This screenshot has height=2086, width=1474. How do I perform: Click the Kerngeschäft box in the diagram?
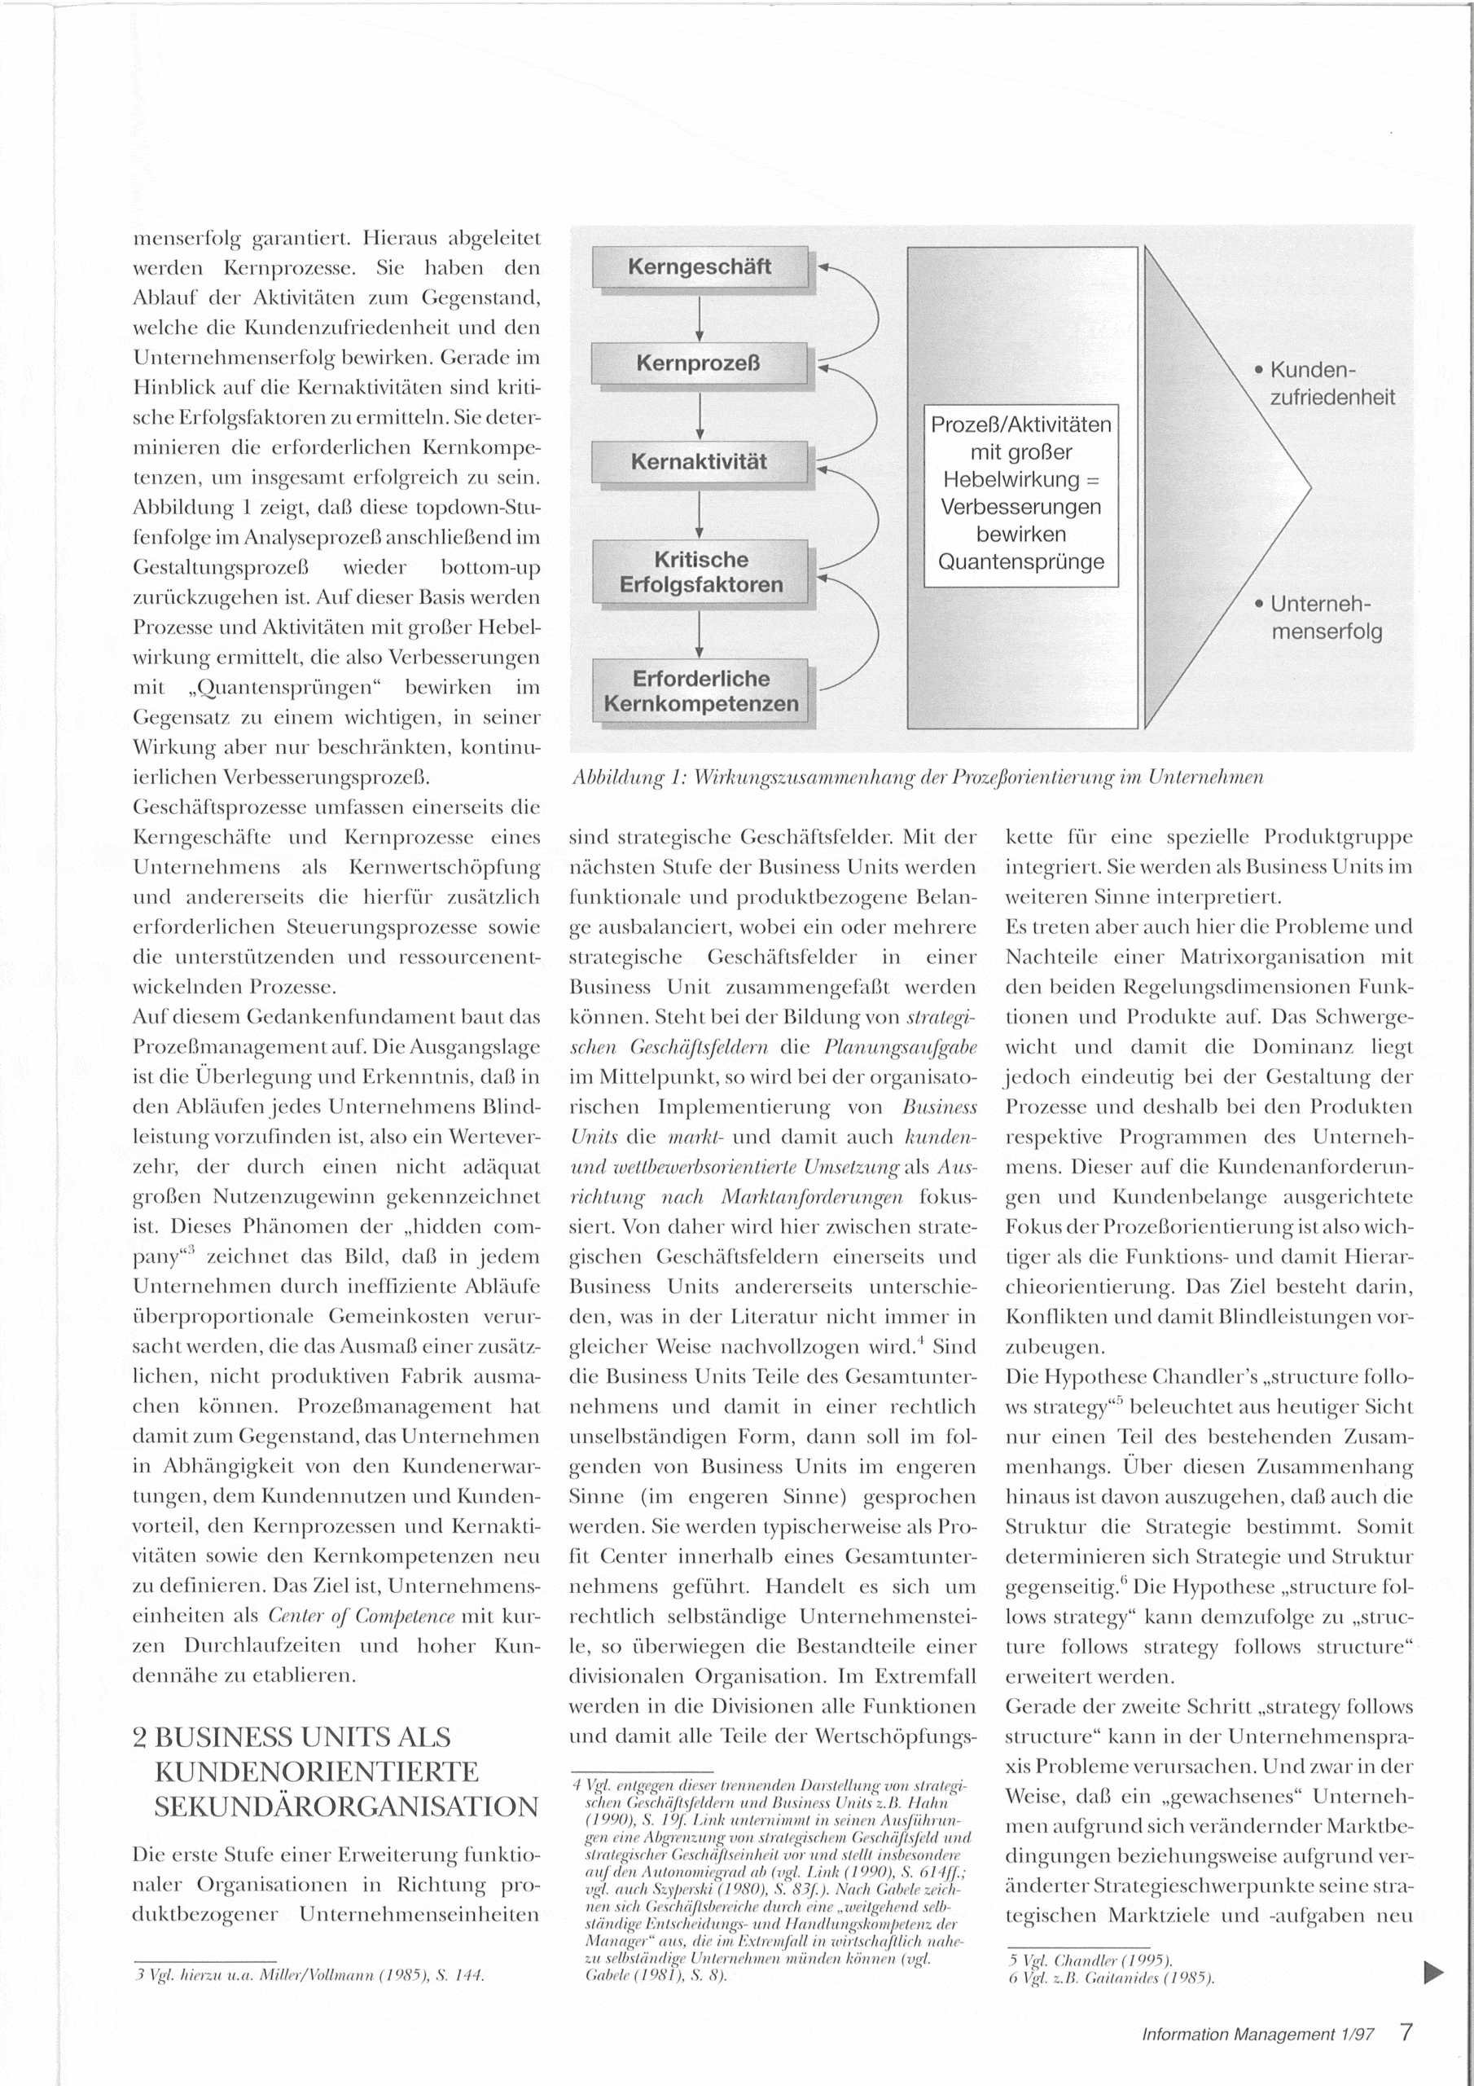point(700,267)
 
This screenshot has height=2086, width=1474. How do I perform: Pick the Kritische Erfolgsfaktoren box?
point(700,572)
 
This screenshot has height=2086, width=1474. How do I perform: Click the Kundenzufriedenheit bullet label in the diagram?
point(1331,384)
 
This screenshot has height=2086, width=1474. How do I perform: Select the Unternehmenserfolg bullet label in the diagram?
point(1325,617)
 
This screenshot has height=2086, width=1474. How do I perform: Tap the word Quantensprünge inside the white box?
point(1021,561)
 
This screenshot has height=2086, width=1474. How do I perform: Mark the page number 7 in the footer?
point(1406,2031)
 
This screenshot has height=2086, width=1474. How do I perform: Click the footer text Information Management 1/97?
point(1258,2034)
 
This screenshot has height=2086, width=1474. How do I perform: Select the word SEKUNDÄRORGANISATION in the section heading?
point(346,1807)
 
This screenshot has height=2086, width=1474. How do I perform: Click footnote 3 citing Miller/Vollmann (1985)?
point(309,1975)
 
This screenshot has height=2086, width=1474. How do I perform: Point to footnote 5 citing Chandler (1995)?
point(1089,1960)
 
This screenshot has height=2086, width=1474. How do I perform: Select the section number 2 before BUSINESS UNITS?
point(141,1738)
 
